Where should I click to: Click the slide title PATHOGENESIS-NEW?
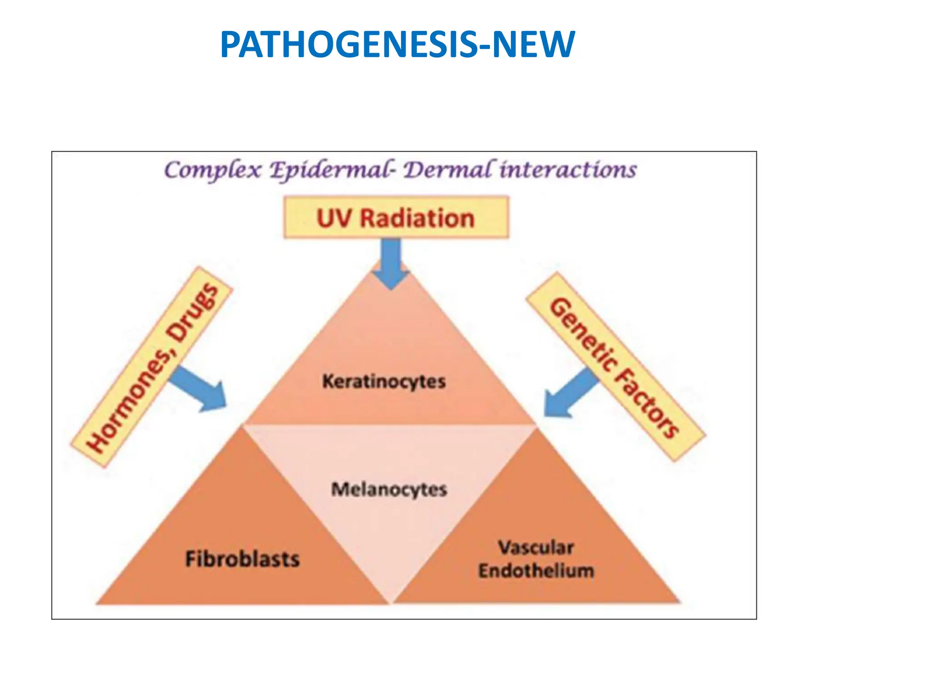click(397, 44)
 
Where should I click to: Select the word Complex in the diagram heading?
click(213, 170)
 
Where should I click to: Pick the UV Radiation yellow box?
click(396, 218)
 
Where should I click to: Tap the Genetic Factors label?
click(615, 367)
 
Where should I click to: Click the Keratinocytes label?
click(384, 381)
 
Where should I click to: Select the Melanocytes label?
click(389, 489)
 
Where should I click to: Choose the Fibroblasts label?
click(243, 558)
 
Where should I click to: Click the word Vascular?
click(536, 548)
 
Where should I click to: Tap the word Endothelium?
click(536, 571)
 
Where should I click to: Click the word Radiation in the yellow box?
click(417, 218)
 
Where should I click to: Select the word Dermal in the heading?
click(448, 170)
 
